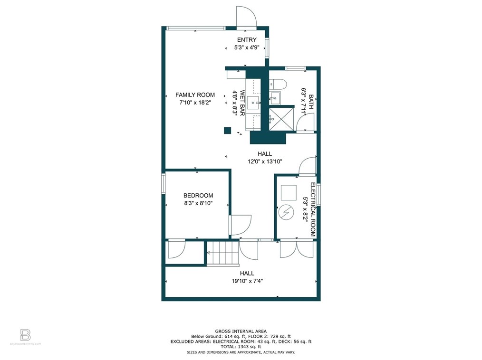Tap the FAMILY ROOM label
[195, 95]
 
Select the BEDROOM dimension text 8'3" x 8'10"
[198, 203]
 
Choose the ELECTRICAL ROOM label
[313, 209]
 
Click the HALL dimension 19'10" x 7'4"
[247, 281]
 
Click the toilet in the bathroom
[278, 85]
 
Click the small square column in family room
[228, 130]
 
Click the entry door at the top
[246, 17]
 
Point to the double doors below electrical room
[297, 249]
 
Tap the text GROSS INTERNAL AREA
[241, 331]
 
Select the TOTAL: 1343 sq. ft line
[241, 346]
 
